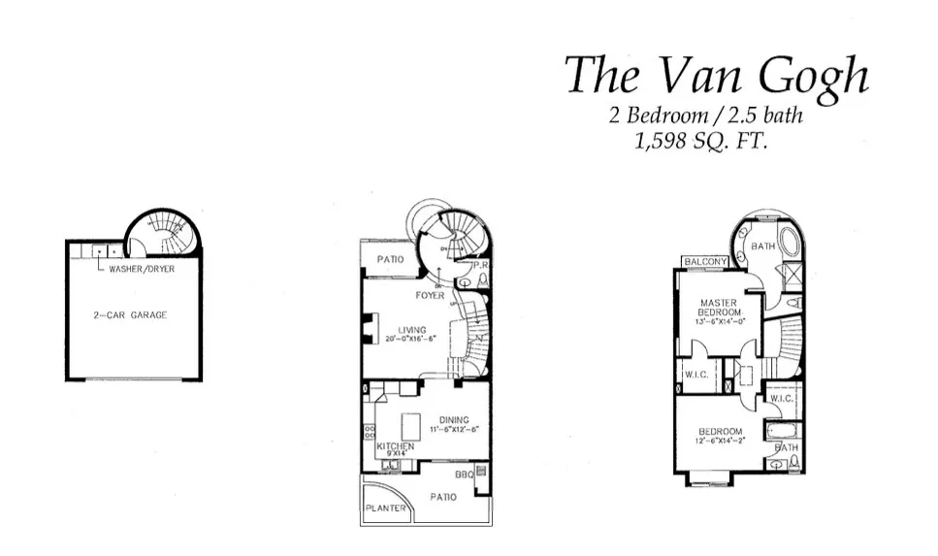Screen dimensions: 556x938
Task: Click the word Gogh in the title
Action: [808, 75]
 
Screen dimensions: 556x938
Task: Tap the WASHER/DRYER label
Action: [142, 269]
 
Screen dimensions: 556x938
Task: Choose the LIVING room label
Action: [411, 330]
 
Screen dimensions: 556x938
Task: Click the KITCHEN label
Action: [395, 446]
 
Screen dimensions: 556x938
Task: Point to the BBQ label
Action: [465, 475]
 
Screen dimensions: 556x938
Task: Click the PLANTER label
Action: [385, 507]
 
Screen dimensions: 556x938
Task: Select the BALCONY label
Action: [705, 262]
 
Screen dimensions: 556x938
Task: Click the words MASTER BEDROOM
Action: [718, 308]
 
